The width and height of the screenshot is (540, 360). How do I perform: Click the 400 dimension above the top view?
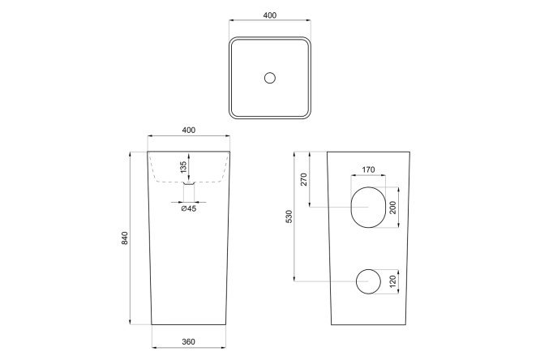[x=270, y=15]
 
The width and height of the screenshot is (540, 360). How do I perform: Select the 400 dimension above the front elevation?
[x=188, y=131]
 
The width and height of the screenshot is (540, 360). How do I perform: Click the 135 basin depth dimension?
[x=183, y=167]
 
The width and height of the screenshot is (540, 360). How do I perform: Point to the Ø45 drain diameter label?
[x=189, y=208]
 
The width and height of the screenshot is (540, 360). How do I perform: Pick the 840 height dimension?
[x=125, y=238]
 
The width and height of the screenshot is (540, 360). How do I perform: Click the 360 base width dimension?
[x=188, y=341]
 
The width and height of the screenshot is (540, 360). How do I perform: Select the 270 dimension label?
[x=303, y=179]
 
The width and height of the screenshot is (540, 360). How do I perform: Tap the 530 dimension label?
[x=289, y=216]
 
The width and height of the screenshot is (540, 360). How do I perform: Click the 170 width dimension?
[x=368, y=169]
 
